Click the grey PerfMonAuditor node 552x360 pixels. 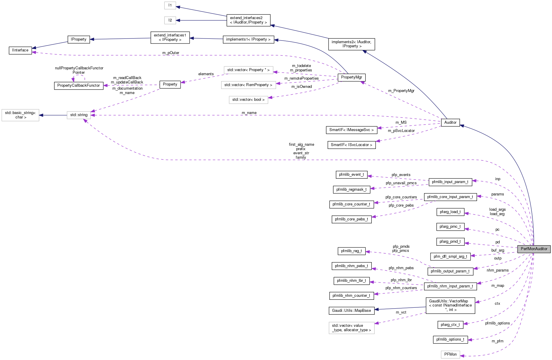coord(534,249)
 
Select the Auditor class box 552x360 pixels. coord(450,123)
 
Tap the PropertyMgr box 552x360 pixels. coord(351,77)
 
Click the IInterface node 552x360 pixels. coord(20,50)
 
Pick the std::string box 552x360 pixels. coord(79,115)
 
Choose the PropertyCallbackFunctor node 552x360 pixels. coord(79,86)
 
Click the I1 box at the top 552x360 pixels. coord(170,5)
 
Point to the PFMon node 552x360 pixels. coord(450,354)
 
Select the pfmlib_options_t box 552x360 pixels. coord(450,339)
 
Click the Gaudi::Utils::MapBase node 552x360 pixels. coord(351,311)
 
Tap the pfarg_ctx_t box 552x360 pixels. coord(450,325)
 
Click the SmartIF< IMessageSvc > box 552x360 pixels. coord(351,130)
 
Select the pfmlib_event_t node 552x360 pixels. coord(351,175)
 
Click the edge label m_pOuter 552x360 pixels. coord(171,53)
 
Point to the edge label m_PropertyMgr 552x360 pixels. coord(401,91)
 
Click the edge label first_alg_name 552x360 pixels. coord(301,145)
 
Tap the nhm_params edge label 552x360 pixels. coord(497,270)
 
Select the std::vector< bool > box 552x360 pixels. coord(248,100)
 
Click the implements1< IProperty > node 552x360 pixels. coord(248,39)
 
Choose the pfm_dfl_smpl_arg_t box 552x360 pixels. coord(450,257)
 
